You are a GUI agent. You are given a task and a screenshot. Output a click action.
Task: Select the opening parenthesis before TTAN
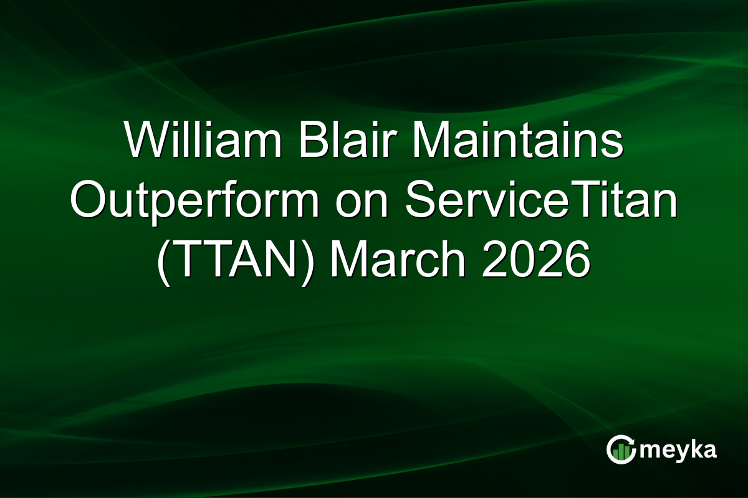click(163, 260)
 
